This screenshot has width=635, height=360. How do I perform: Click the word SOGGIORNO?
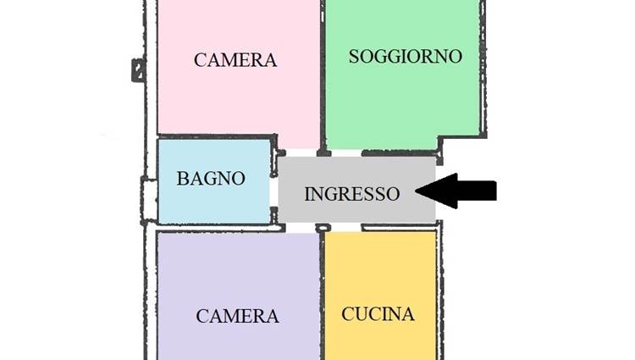click(406, 57)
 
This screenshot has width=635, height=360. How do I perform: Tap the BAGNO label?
click(211, 179)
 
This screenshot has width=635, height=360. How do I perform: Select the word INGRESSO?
click(351, 194)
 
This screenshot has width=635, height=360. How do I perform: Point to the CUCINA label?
click(378, 314)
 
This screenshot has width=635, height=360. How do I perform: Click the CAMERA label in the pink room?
click(235, 60)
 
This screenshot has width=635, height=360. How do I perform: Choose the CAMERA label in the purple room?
click(237, 316)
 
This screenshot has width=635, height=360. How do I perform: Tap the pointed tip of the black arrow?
click(418, 191)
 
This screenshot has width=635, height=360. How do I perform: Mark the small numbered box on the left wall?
click(138, 70)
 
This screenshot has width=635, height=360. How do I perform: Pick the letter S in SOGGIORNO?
click(354, 57)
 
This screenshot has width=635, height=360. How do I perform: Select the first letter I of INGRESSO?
click(307, 194)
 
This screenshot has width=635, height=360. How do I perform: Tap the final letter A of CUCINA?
click(408, 314)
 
